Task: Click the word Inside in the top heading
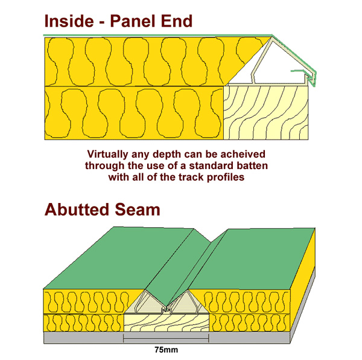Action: [x=69, y=21]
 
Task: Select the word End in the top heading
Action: [x=177, y=21]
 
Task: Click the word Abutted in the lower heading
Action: [x=77, y=210]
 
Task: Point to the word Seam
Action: [x=138, y=210]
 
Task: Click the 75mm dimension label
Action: [x=167, y=350]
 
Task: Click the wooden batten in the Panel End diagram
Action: [x=266, y=113]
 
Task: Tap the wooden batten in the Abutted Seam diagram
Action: [x=167, y=323]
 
